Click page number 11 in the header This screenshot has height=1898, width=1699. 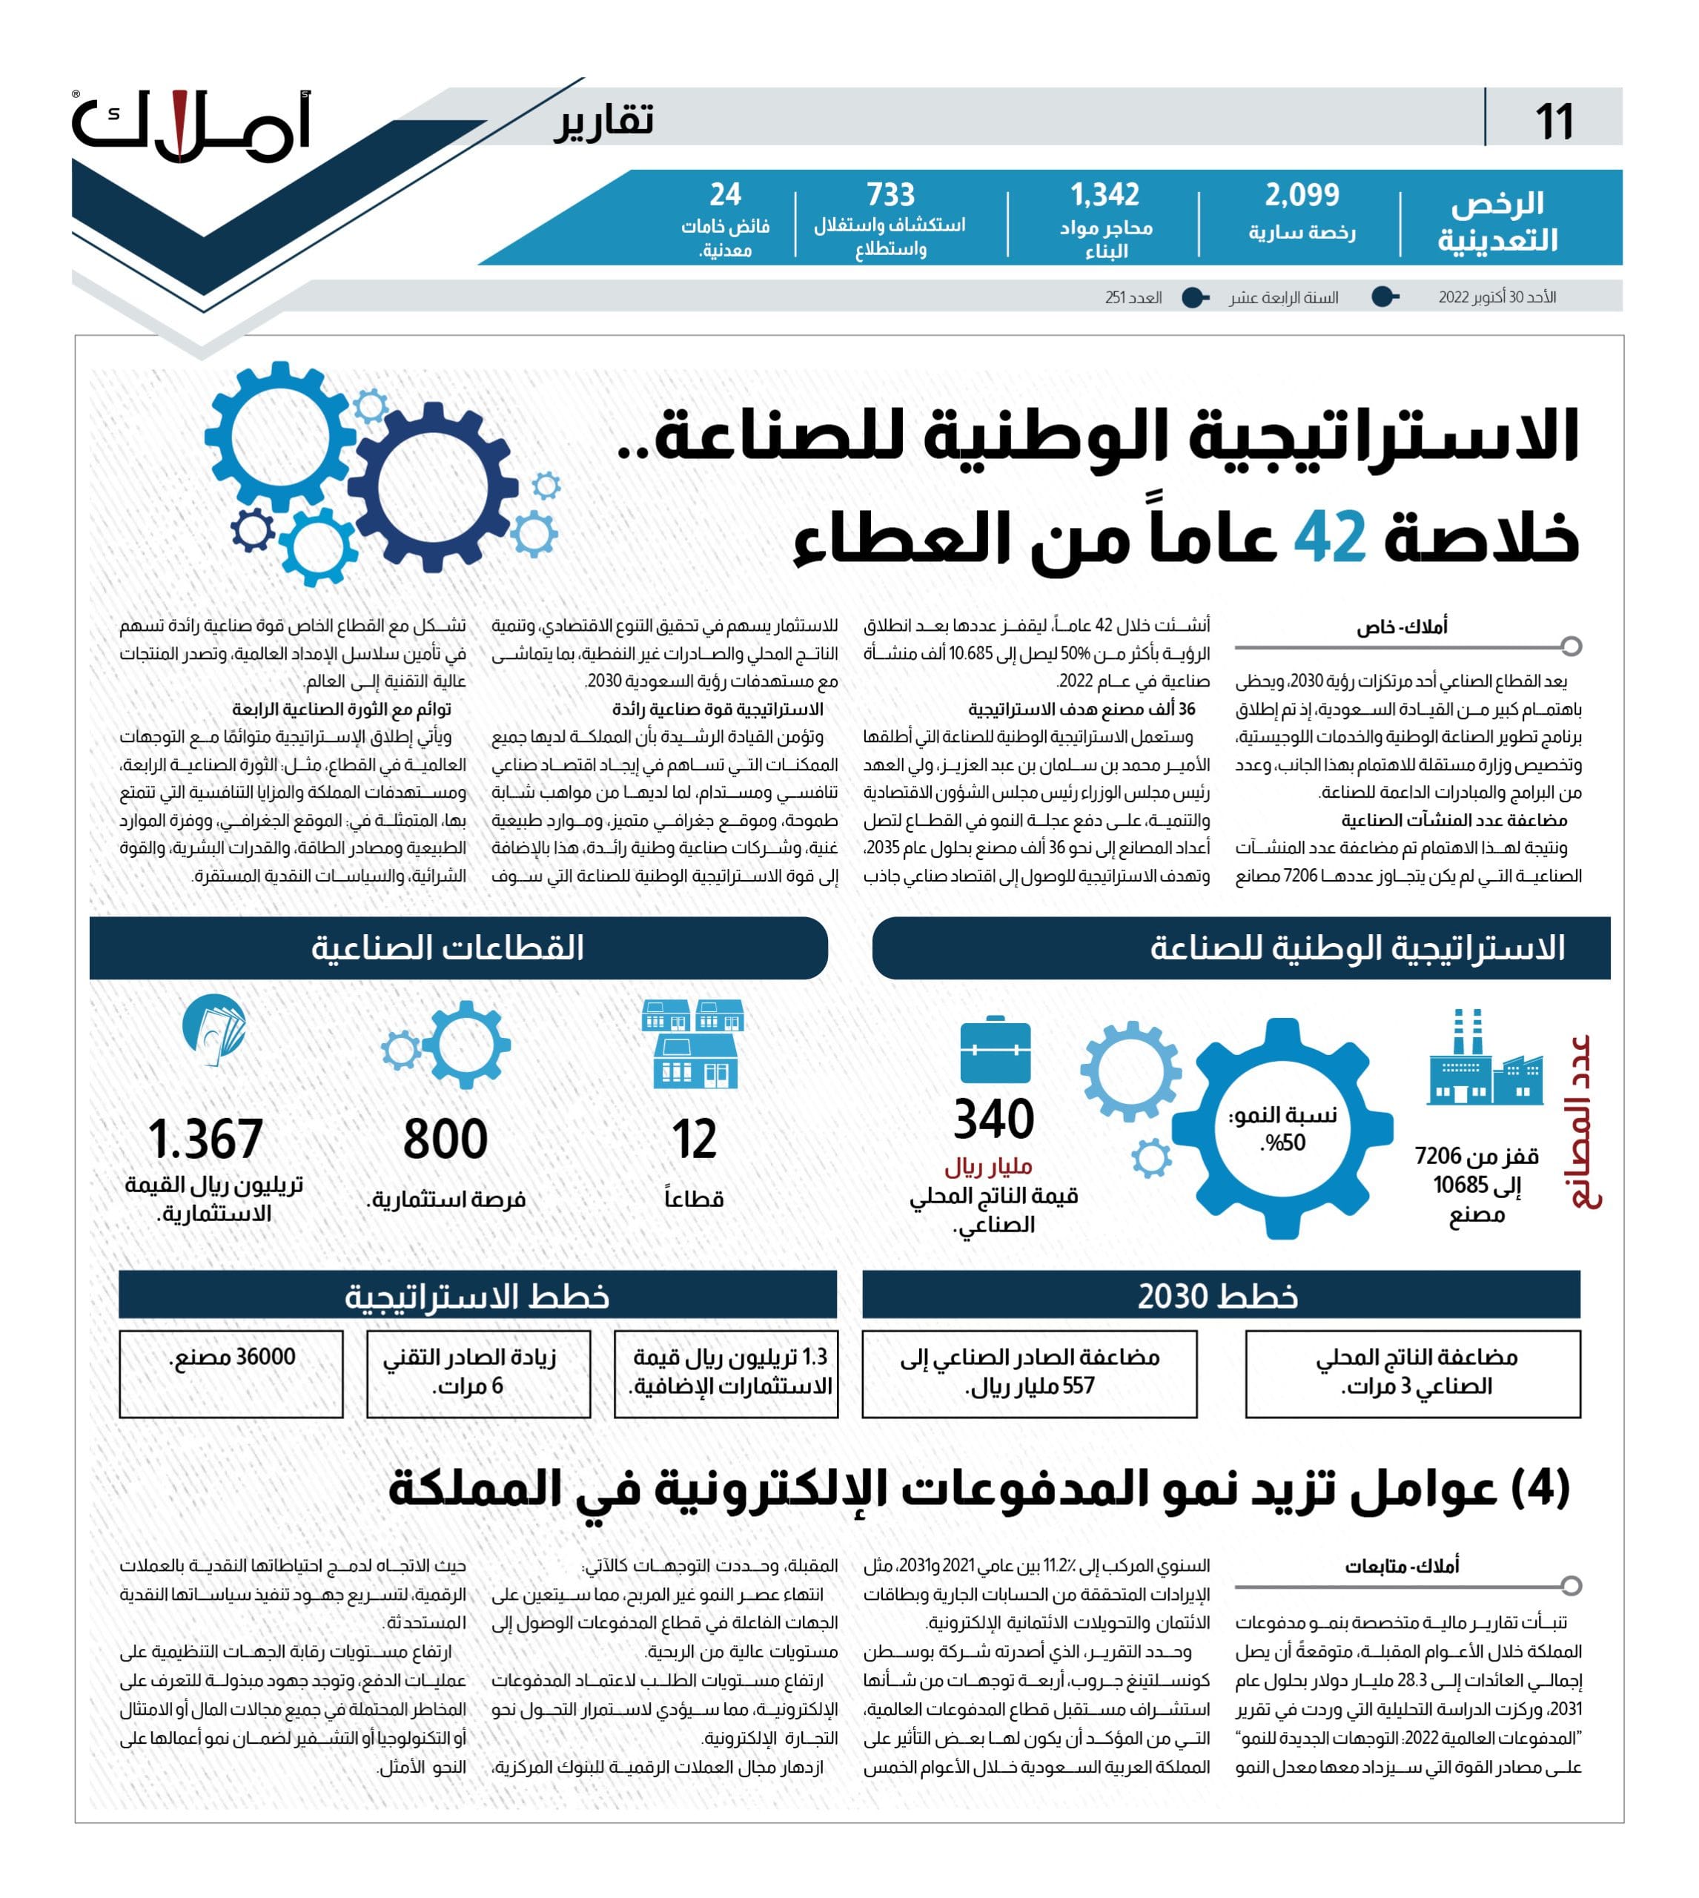click(x=1554, y=122)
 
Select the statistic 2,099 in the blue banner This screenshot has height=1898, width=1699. click(x=1302, y=195)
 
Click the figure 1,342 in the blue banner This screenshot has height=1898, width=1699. click(x=1104, y=195)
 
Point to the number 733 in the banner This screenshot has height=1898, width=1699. click(x=890, y=195)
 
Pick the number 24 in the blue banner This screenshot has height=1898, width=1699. click(x=726, y=194)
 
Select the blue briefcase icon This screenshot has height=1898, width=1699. click(x=995, y=1051)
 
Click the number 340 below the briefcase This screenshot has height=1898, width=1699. click(x=993, y=1120)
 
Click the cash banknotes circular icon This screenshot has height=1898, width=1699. click(x=215, y=1030)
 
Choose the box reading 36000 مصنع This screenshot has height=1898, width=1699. click(x=231, y=1373)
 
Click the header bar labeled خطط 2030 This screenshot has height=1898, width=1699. click(x=1220, y=1296)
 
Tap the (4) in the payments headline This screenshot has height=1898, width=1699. click(x=1540, y=1489)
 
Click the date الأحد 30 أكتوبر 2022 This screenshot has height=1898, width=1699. click(x=1497, y=297)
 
